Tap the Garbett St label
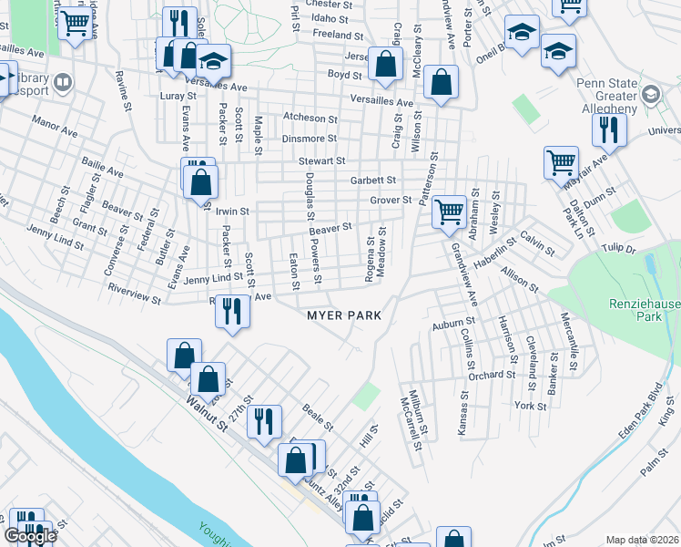[x=373, y=181]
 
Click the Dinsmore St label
[x=310, y=139]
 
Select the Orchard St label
[x=485, y=375]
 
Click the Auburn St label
[x=454, y=322]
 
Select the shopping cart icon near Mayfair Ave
[x=561, y=162]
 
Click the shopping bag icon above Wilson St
[x=441, y=82]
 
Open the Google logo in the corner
[x=30, y=536]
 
